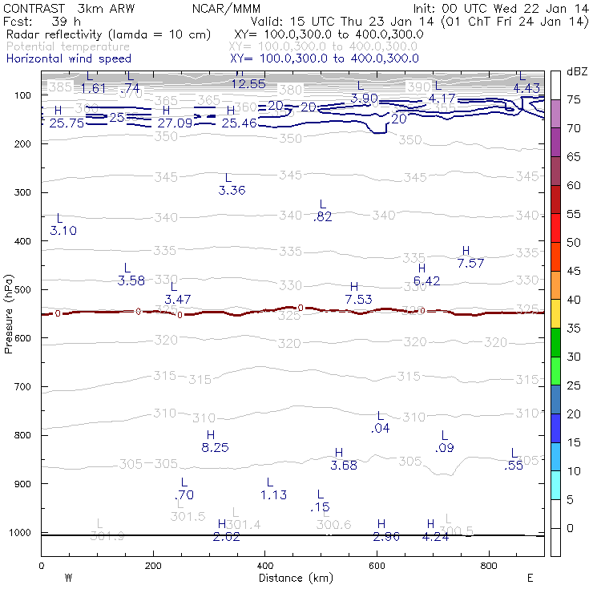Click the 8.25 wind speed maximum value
216,448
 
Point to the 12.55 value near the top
248,84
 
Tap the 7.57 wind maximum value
471,264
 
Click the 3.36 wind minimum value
232,191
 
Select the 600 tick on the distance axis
377,567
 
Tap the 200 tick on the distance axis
153,567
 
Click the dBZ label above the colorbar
577,71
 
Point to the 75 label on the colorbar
574,100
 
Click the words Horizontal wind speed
68,58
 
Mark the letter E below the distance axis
530,578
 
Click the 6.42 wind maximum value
427,281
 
